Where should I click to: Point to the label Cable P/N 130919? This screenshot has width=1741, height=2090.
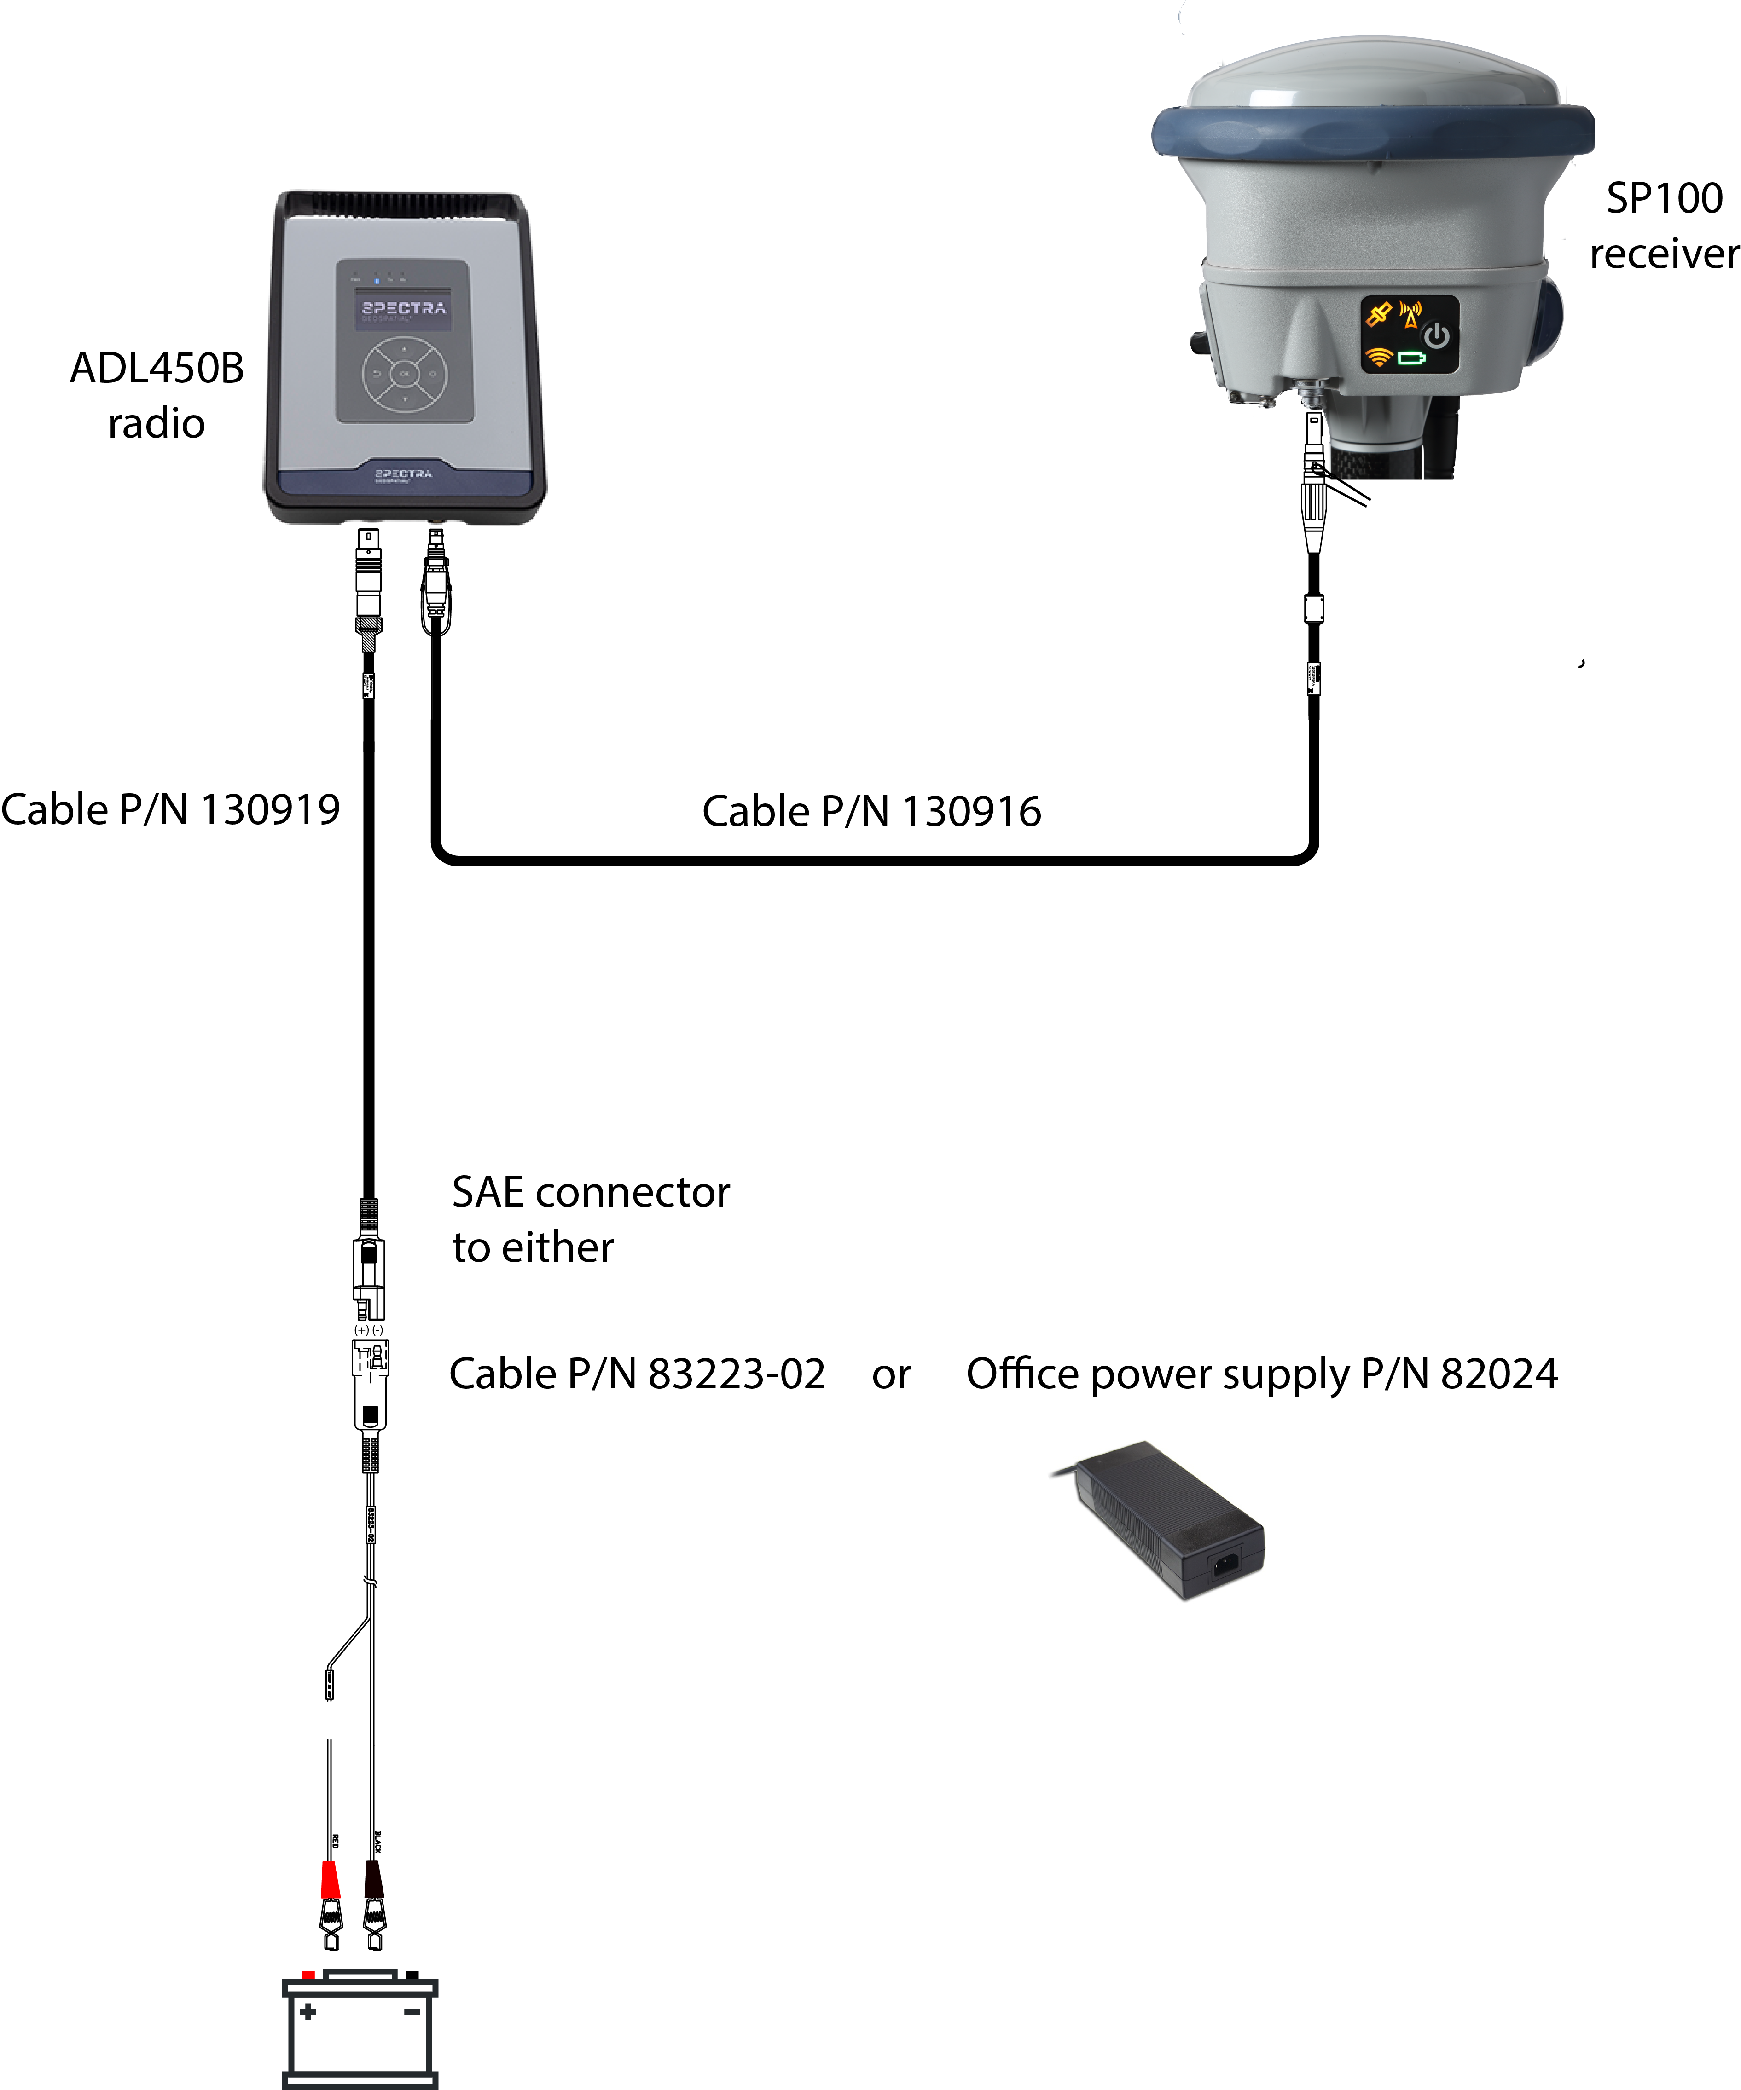point(170,809)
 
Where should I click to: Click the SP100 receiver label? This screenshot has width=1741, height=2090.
point(1663,226)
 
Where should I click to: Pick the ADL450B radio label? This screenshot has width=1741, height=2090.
point(156,395)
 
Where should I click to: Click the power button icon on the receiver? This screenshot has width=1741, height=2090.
point(1436,336)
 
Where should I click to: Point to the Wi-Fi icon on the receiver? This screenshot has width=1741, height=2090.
point(1379,356)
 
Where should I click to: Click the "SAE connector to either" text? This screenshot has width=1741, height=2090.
point(590,1219)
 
